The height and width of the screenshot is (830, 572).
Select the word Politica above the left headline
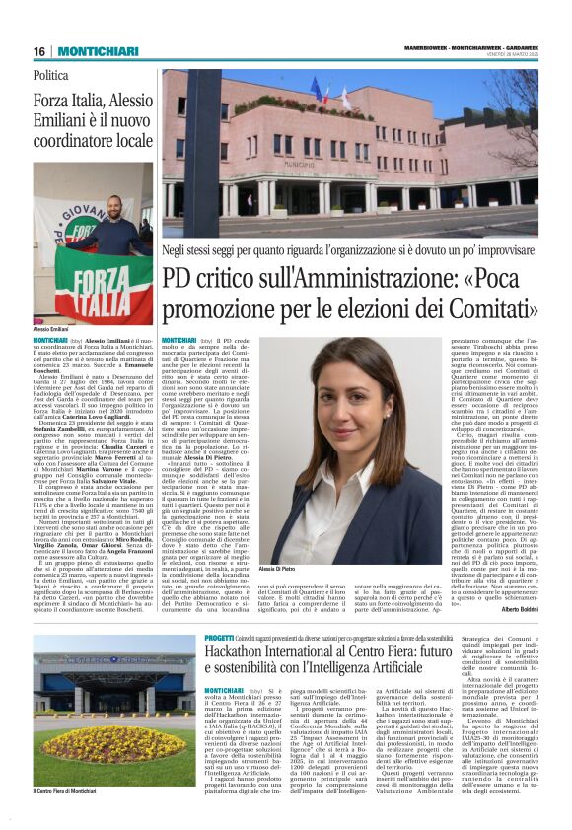click(51, 74)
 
